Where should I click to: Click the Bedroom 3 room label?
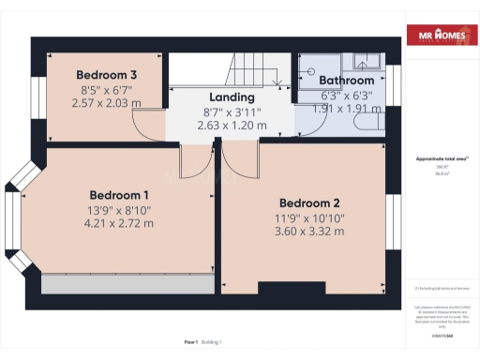[x=107, y=75]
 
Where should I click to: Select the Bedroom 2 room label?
[x=310, y=202]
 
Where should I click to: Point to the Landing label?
[x=232, y=97]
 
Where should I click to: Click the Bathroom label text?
[x=346, y=81]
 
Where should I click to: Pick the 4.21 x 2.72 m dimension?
[x=107, y=223]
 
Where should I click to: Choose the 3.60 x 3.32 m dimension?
[x=310, y=231]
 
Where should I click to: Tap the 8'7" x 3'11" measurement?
[x=232, y=111]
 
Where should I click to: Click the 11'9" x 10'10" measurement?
[x=310, y=217]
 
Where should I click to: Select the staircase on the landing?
[x=250, y=70]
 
